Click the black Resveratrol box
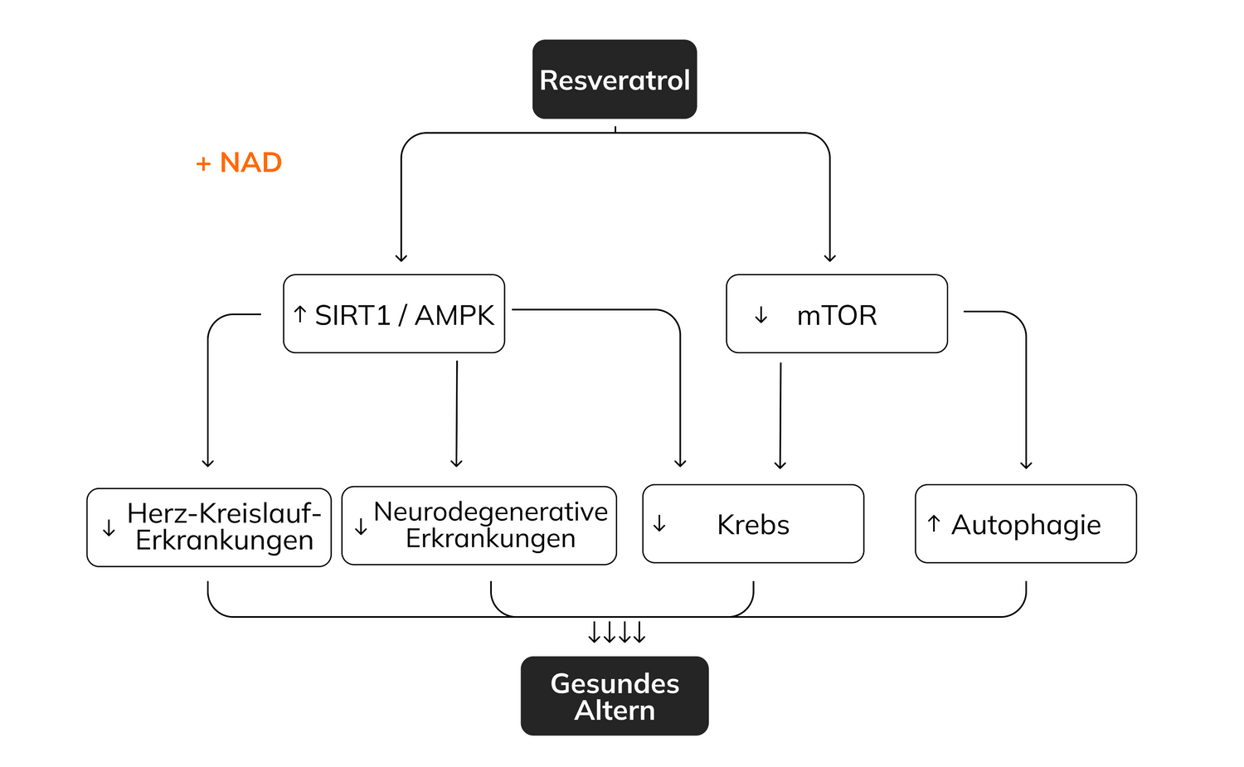pyautogui.click(x=615, y=80)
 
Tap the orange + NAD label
pyautogui.click(x=239, y=163)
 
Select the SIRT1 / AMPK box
pyautogui.click(x=394, y=314)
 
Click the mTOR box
pyautogui.click(x=837, y=314)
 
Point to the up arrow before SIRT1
pyautogui.click(x=300, y=314)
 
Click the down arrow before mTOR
pyautogui.click(x=760, y=316)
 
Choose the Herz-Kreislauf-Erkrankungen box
pyautogui.click(x=209, y=527)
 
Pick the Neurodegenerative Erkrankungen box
pyautogui.click(x=479, y=526)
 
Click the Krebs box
pyautogui.click(x=753, y=524)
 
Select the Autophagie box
pyautogui.click(x=1026, y=524)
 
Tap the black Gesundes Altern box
pyautogui.click(x=615, y=697)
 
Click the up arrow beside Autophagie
pyautogui.click(x=934, y=524)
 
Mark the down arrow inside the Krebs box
pyautogui.click(x=659, y=524)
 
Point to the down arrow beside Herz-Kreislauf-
pyautogui.click(x=109, y=529)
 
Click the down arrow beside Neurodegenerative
pyautogui.click(x=361, y=527)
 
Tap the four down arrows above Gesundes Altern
pyautogui.click(x=616, y=634)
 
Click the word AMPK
pyautogui.click(x=454, y=315)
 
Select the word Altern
pyautogui.click(x=615, y=711)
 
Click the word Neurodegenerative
pyautogui.click(x=491, y=512)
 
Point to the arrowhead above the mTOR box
pyautogui.click(x=830, y=257)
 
